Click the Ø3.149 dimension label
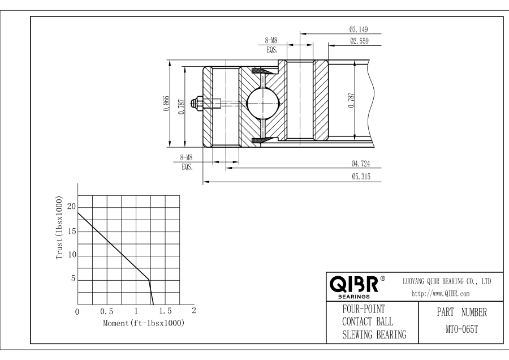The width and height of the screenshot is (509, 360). [359, 29]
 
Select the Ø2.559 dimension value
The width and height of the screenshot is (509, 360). [359, 41]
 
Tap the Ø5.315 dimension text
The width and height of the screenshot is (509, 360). [360, 177]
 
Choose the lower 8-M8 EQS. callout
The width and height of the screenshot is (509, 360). [186, 163]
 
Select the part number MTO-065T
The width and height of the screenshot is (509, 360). [458, 328]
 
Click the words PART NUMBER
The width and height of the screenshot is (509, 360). [458, 312]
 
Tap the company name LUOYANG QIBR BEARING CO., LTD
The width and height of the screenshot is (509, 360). [446, 281]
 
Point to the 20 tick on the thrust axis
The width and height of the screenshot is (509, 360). [71, 207]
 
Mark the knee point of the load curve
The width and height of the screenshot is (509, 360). [148, 279]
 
